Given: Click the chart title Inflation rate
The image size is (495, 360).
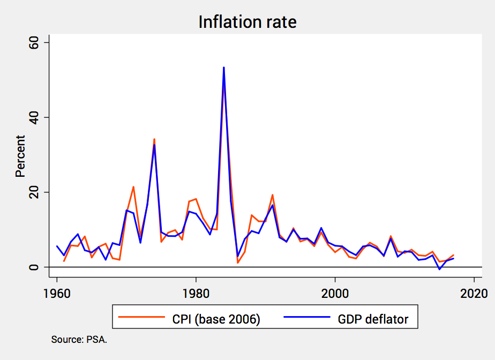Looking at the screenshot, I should pyautogui.click(x=247, y=22).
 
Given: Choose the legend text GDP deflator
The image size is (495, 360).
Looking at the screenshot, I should pyautogui.click(x=373, y=319).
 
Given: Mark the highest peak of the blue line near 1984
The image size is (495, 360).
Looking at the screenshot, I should pyautogui.click(x=223, y=67).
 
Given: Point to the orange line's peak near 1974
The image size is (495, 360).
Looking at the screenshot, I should pyautogui.click(x=154, y=139).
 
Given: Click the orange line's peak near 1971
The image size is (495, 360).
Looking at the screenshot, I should pyautogui.click(x=133, y=187).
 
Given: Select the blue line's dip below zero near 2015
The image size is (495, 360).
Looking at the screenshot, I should pyautogui.click(x=439, y=269).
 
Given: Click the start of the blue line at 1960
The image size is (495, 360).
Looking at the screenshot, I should pyautogui.click(x=57, y=246).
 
